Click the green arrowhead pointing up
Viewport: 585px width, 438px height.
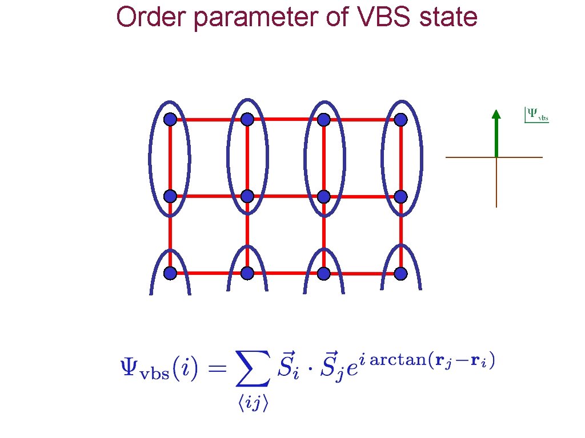click(496, 114)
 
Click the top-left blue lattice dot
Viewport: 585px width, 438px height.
click(170, 119)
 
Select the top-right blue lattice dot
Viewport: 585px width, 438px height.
click(400, 120)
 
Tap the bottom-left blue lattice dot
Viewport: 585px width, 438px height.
click(170, 273)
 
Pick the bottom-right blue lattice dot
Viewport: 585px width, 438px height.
click(400, 274)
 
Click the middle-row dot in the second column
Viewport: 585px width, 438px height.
click(247, 196)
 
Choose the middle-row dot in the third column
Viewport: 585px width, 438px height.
click(324, 196)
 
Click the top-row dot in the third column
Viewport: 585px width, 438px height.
click(324, 120)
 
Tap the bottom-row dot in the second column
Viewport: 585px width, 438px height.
click(247, 273)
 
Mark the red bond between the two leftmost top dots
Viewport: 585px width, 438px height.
click(208, 120)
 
